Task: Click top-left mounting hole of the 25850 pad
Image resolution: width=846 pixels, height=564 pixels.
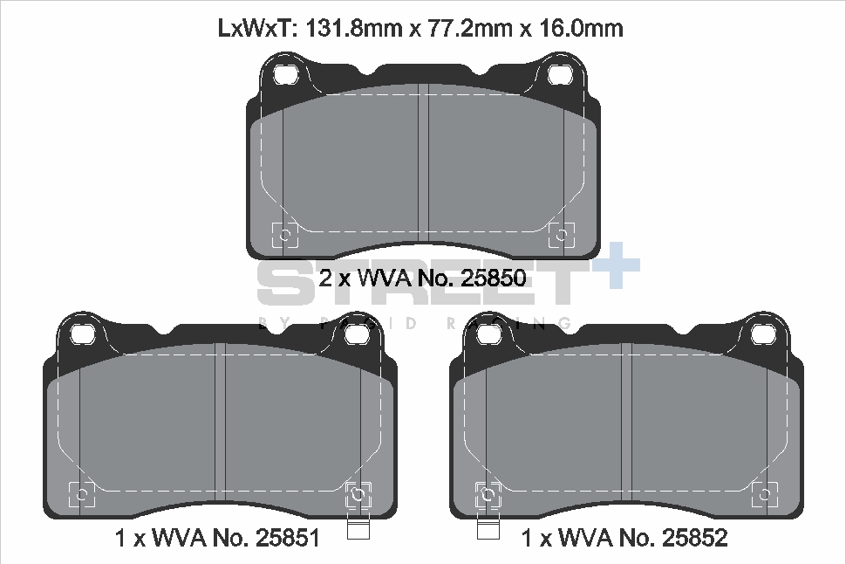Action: [x=284, y=76]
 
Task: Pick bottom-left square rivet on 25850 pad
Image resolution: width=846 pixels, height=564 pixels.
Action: [x=285, y=234]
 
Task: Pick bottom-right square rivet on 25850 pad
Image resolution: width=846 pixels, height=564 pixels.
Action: [x=560, y=234]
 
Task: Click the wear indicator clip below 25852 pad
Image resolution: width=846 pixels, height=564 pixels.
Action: [x=487, y=526]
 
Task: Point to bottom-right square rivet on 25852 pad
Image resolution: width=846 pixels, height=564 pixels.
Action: [x=765, y=494]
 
